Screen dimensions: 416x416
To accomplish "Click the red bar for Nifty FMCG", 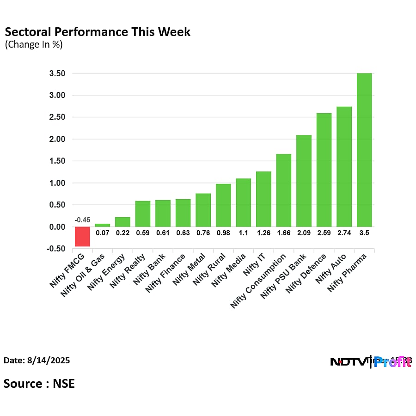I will [x=82, y=236].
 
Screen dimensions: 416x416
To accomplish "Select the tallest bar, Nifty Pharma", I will [x=364, y=150].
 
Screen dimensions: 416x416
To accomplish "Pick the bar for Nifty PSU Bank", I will [x=304, y=181].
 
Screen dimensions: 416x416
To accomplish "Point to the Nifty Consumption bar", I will [x=283, y=190].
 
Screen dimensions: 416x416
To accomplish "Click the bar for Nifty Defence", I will [x=324, y=170].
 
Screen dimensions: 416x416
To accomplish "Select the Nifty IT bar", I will [x=263, y=199].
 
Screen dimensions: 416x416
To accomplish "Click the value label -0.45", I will [x=82, y=220].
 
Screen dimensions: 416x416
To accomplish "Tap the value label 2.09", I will [x=304, y=233].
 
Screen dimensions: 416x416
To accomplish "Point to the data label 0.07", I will [x=102, y=233].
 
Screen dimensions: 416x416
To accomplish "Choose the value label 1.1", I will [x=243, y=233].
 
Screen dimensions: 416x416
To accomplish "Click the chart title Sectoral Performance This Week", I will [x=98, y=32].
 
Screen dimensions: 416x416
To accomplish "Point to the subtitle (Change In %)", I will [x=34, y=45].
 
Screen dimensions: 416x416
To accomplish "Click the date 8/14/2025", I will [x=37, y=361].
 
